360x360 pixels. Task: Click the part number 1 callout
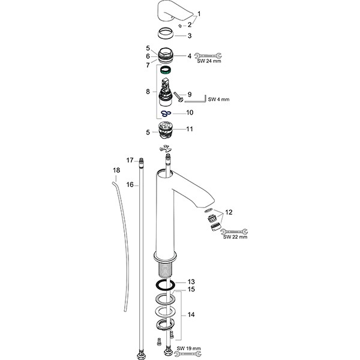pos(199,13)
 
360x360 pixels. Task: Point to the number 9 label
pos(189,94)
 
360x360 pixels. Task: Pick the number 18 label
pos(116,171)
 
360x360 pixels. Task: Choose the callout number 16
pos(130,185)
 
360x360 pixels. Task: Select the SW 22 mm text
pos(235,237)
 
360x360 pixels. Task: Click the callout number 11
pos(190,128)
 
